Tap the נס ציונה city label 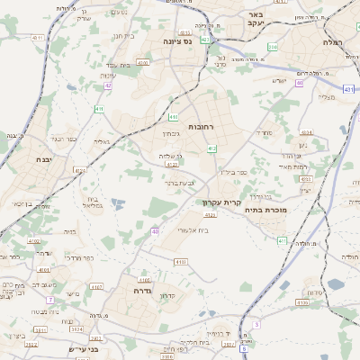pos(178,41)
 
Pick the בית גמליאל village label pos(93,202)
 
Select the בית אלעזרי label pos(191,230)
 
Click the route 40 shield pos(155,231)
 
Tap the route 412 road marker pos(211,148)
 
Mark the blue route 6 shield pos(256,323)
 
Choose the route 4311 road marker pos(282,241)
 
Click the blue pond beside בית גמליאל pos(116,205)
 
